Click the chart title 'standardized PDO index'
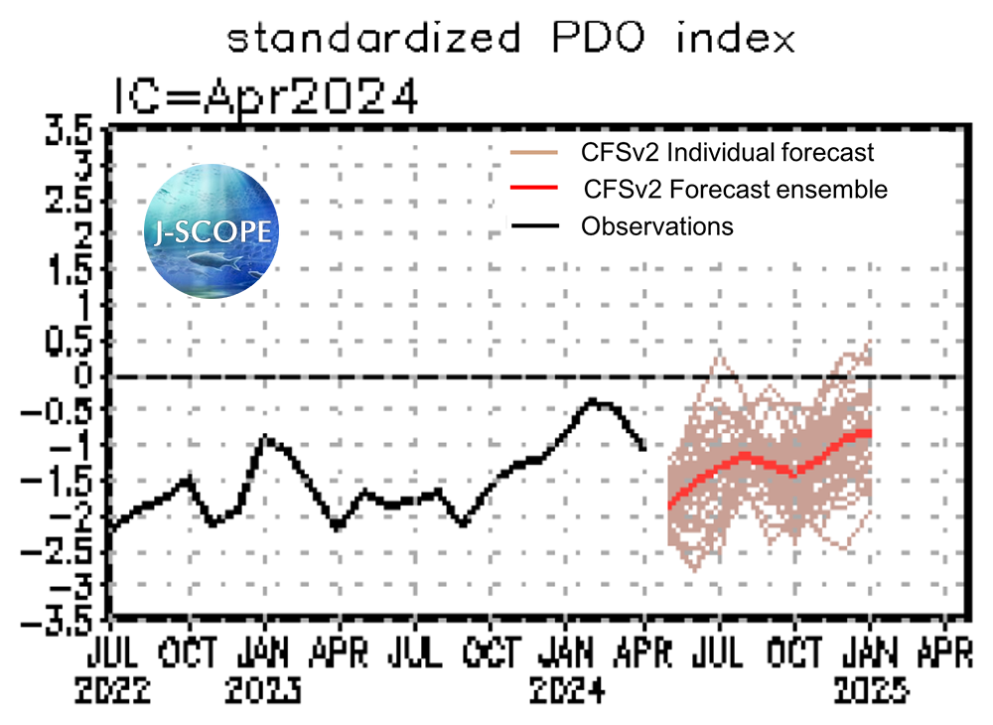point(510,39)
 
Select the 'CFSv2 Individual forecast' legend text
point(727,153)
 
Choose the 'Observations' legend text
point(657,225)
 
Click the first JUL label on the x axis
point(111,652)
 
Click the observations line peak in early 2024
point(593,400)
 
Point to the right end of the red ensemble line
point(869,433)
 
